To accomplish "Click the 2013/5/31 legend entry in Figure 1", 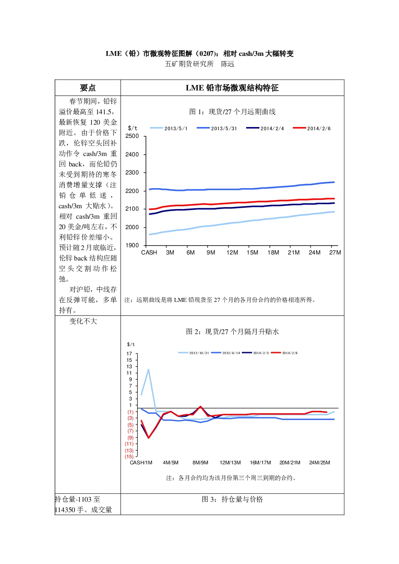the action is tap(217, 128).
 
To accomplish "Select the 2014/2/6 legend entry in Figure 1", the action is tap(312, 128).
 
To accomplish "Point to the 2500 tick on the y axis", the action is tap(132, 136).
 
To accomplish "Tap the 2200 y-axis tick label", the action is tap(132, 191).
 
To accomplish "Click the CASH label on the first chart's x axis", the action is tap(149, 252).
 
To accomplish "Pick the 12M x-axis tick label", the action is tap(232, 252).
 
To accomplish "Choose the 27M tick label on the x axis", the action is tap(335, 252).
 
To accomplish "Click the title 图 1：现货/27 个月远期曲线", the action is tap(232, 111).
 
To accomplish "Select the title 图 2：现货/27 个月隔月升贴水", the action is tap(232, 332).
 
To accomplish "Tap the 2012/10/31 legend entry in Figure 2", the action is tap(193, 353).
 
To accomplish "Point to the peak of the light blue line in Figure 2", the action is tap(148, 369).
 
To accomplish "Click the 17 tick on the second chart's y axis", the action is tap(129, 354).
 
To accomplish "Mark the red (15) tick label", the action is tap(129, 457).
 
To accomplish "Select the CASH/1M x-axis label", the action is tap(141, 463).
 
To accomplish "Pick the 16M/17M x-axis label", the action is tap(260, 463).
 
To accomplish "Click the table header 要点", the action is tap(88, 88).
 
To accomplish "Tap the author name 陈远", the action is tap(228, 64).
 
